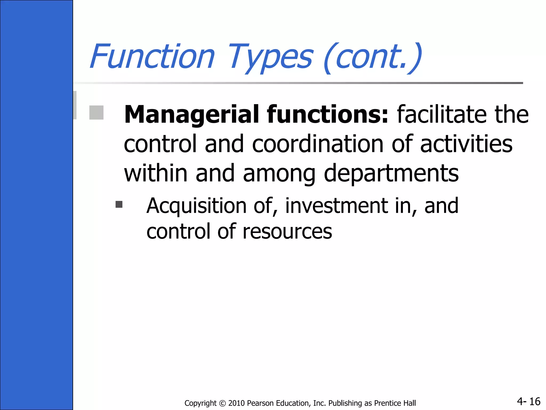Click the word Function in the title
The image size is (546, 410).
152,57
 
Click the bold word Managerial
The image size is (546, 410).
191,115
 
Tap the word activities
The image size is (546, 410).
466,144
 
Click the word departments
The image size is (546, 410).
391,174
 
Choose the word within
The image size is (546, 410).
156,174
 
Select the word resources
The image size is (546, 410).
287,231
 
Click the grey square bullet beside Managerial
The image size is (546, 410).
97,113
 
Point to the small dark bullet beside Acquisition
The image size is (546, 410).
119,204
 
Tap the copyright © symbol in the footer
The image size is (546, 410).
222,403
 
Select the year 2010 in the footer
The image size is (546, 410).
236,403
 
